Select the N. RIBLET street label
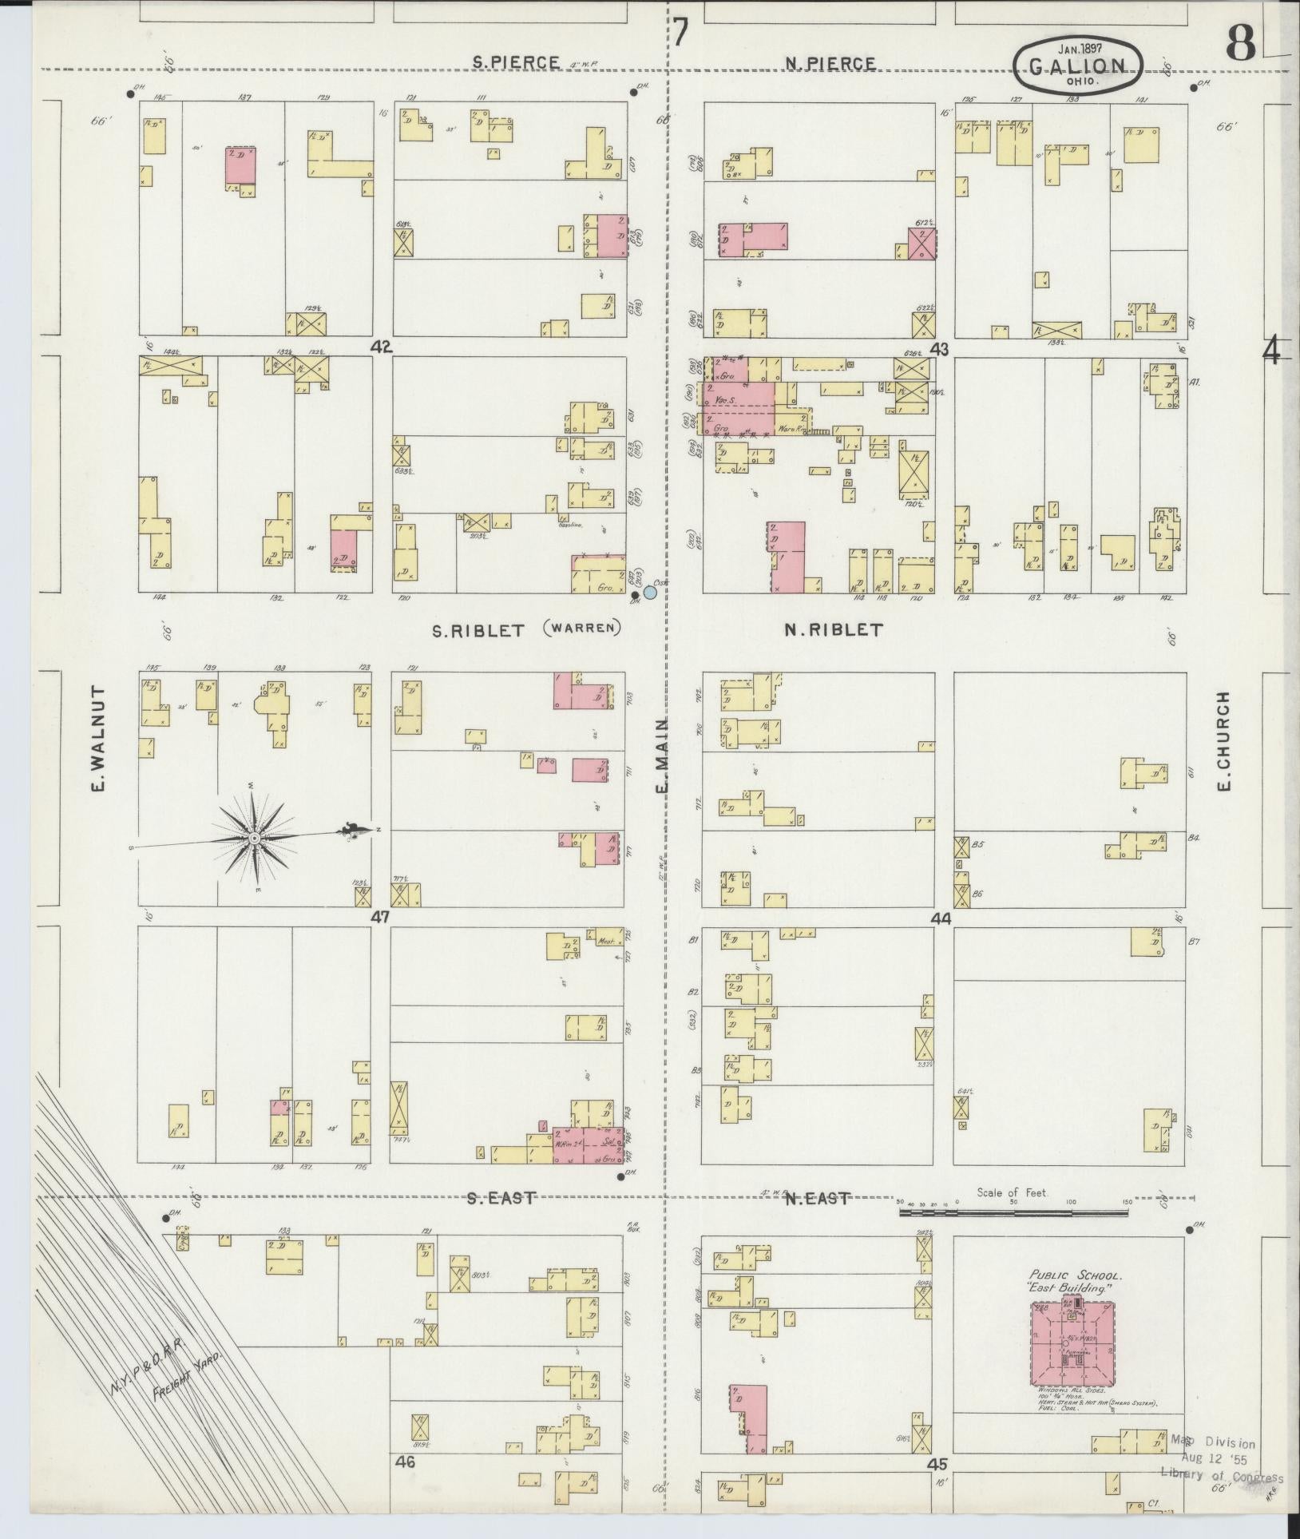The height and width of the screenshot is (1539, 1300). pyautogui.click(x=833, y=630)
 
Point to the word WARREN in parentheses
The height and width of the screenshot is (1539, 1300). pyautogui.click(x=581, y=628)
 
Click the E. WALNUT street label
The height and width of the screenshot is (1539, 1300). pyautogui.click(x=99, y=739)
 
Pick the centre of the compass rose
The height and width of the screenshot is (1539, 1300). pyautogui.click(x=254, y=838)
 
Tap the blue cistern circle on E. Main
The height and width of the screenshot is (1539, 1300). pyautogui.click(x=650, y=593)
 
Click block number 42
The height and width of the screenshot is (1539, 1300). pyautogui.click(x=382, y=347)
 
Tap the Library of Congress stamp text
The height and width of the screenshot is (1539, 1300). pyautogui.click(x=1221, y=1478)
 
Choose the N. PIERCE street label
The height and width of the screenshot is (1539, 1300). pyautogui.click(x=830, y=63)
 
